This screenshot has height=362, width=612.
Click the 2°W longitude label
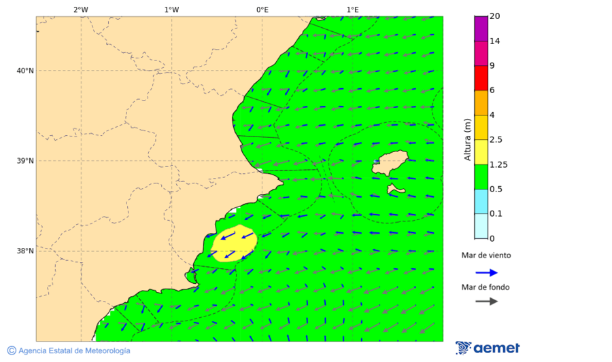click(80, 10)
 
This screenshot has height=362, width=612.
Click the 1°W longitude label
click(171, 10)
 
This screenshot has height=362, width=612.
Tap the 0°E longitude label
click(262, 10)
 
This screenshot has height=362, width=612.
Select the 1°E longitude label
click(352, 10)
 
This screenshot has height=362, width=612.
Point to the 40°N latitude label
click(25, 71)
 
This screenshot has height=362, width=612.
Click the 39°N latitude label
click(25, 161)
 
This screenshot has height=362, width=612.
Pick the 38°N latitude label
click(25, 251)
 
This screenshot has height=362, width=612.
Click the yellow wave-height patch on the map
click(235, 243)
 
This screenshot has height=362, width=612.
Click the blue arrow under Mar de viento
click(486, 272)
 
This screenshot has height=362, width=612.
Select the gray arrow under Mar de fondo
click(486, 301)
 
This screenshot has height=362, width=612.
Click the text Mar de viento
click(486, 255)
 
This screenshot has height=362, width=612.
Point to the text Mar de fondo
click(486, 287)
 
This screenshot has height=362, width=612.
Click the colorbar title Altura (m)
click(467, 139)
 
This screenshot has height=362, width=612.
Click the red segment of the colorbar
click(481, 77)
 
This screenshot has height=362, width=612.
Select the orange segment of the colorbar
click(481, 103)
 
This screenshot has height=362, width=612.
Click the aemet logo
click(488, 348)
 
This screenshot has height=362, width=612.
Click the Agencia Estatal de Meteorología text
click(69, 350)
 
